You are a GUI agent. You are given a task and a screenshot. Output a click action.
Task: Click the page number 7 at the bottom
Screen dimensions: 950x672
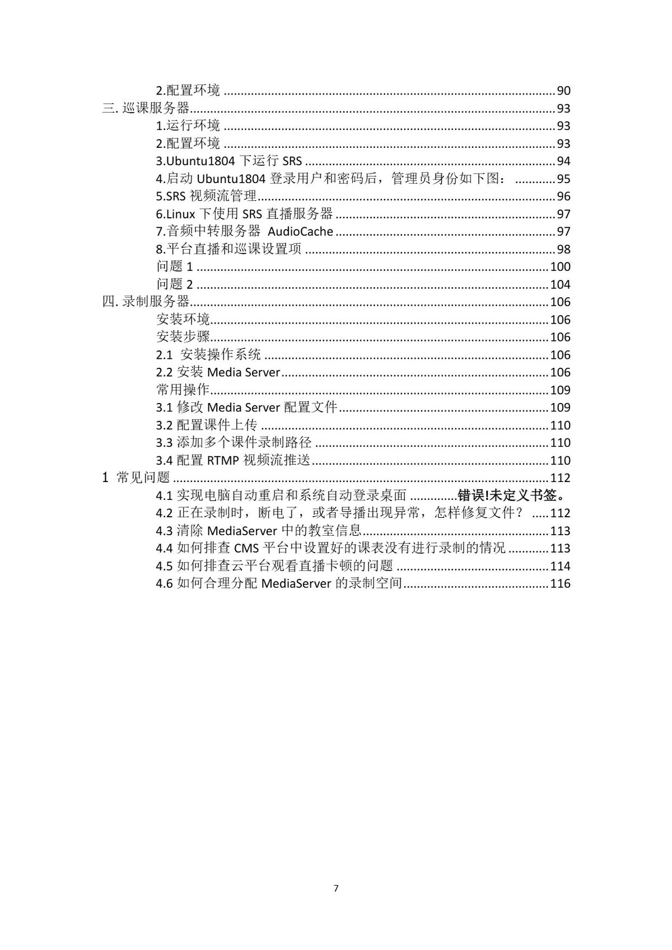(x=336, y=888)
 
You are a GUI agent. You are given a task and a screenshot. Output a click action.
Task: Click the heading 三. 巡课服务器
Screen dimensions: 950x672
(x=146, y=108)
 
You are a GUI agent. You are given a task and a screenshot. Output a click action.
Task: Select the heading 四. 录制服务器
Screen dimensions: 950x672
(x=146, y=302)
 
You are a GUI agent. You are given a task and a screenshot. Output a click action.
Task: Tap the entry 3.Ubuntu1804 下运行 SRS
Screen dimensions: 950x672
(x=228, y=161)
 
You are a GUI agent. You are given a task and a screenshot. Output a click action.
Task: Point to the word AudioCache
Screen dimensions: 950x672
(x=300, y=232)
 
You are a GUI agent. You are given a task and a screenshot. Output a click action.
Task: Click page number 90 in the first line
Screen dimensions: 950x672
(x=563, y=91)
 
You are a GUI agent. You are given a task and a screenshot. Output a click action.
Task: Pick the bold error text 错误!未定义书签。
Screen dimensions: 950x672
(x=514, y=495)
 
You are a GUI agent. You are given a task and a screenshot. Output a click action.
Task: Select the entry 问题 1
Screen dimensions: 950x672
(x=174, y=266)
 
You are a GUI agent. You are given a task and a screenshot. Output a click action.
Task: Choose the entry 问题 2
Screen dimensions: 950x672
(x=174, y=284)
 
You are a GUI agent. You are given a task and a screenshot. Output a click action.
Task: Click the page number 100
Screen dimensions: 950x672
(x=560, y=266)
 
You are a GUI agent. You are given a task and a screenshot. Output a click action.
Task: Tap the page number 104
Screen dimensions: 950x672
(x=560, y=284)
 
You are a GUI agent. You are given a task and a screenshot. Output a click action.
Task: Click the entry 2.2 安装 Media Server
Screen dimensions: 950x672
(x=218, y=372)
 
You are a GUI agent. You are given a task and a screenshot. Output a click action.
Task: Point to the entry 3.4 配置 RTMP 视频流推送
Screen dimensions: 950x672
(x=233, y=460)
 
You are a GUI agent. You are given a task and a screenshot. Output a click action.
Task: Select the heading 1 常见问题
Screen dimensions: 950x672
(x=136, y=478)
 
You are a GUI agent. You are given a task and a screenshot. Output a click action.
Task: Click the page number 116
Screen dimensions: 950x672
(x=560, y=583)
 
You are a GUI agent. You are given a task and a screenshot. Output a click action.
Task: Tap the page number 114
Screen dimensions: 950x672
(x=560, y=566)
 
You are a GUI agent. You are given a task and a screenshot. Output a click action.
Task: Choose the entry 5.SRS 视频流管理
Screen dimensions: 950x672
(x=206, y=196)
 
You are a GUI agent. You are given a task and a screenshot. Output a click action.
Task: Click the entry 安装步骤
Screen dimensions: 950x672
(x=183, y=337)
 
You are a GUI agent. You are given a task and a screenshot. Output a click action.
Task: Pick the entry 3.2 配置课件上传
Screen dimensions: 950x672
(x=206, y=425)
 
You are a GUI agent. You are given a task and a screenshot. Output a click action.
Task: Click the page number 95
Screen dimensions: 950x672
(x=563, y=179)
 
